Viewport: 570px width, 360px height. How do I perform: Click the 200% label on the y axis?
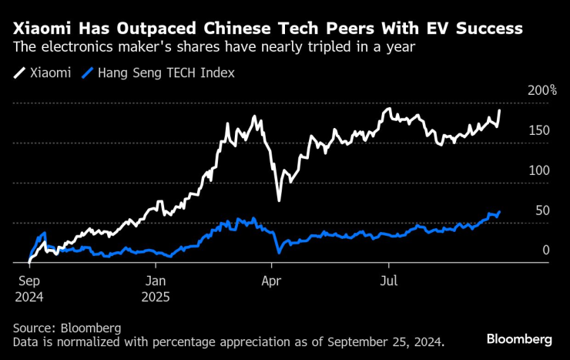click(x=541, y=90)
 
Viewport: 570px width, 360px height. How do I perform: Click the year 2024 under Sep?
click(x=30, y=295)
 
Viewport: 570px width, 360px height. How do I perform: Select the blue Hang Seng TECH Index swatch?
click(x=89, y=73)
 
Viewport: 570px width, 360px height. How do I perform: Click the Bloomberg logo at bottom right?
click(x=519, y=339)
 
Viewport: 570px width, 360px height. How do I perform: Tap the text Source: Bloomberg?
click(x=67, y=328)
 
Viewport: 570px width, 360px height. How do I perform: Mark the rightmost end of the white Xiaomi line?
click(x=500, y=110)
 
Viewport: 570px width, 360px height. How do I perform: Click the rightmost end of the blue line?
click(x=500, y=211)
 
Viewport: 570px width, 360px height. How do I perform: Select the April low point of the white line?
click(x=278, y=200)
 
